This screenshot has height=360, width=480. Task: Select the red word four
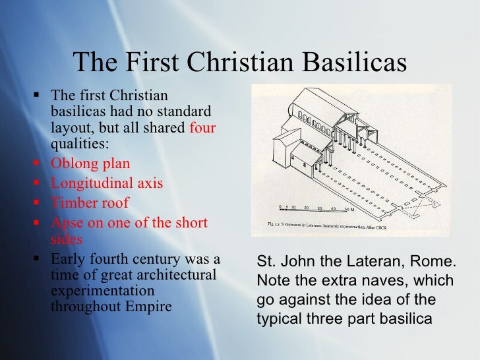(x=202, y=127)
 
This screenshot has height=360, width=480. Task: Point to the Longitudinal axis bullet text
(x=107, y=183)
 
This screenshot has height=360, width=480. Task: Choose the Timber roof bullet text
(x=90, y=203)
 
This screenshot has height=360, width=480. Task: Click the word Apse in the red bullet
(x=66, y=223)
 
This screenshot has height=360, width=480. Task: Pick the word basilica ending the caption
(x=404, y=319)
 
